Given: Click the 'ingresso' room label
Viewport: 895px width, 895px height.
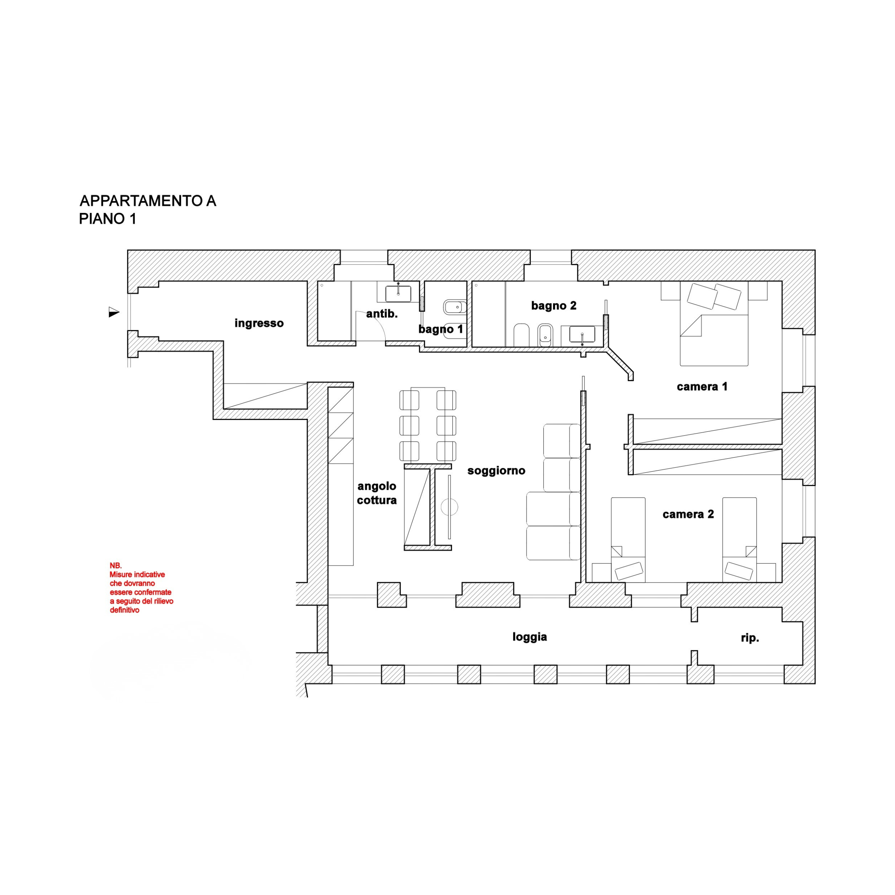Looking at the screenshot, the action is tap(259, 323).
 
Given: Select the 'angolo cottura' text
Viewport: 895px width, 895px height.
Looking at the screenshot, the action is tap(377, 493).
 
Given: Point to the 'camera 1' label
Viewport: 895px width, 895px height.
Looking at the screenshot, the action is tap(702, 386).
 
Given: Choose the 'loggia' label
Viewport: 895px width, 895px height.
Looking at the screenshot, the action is tap(530, 637).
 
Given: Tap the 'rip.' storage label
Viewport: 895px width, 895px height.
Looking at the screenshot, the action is tap(750, 638).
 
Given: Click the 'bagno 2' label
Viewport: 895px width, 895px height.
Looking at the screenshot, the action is tap(553, 306).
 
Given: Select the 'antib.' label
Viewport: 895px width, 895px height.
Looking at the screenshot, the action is tap(382, 314).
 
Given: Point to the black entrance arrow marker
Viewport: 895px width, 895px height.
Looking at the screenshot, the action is tap(114, 312).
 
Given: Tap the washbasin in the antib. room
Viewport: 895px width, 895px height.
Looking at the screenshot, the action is tap(398, 294).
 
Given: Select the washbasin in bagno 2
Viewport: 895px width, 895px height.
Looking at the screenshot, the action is tap(582, 334).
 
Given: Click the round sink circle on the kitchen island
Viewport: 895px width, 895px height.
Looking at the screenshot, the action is tap(449, 507).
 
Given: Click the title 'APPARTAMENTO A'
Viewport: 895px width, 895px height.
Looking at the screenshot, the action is tap(148, 201).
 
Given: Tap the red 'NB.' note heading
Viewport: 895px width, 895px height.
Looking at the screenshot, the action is tap(115, 566).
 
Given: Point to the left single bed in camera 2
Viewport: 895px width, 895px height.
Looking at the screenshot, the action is tap(628, 540).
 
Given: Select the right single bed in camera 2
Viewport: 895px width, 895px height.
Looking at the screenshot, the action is tap(739, 540).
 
